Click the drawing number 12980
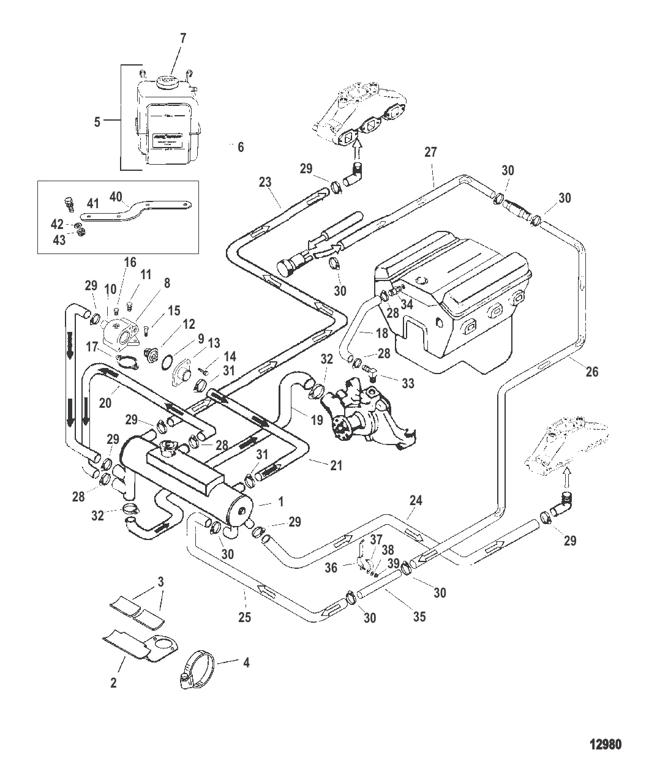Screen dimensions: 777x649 (605, 745)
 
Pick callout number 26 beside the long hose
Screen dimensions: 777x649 (591, 371)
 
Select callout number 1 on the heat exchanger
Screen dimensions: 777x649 (281, 501)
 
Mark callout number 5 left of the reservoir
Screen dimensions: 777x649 (97, 122)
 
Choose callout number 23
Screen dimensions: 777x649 (265, 182)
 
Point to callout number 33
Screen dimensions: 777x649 (408, 383)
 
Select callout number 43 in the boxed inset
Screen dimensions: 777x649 (59, 241)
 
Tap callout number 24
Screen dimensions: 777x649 (416, 501)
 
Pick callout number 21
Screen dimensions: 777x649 (336, 465)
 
